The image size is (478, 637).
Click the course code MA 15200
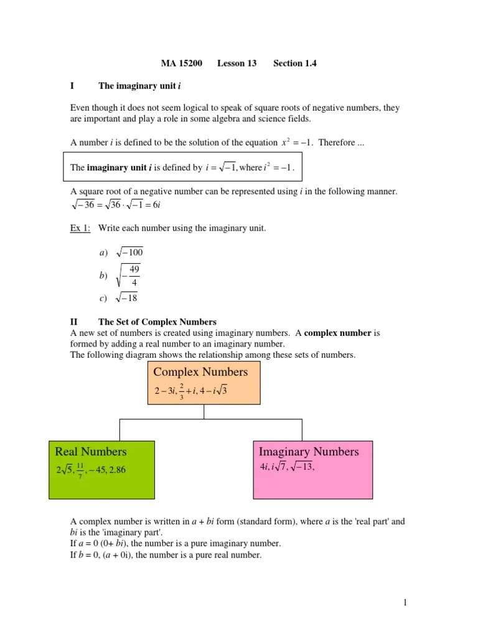click(x=181, y=63)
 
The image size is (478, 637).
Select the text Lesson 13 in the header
click(x=237, y=63)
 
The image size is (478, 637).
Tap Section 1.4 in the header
click(x=295, y=63)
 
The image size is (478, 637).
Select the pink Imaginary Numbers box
click(x=314, y=470)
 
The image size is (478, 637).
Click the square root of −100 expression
click(x=129, y=252)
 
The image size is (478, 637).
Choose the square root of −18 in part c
click(x=126, y=298)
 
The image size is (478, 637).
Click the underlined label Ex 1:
click(x=80, y=228)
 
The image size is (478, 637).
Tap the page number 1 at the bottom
click(x=404, y=602)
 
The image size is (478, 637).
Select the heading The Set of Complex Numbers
click(x=157, y=322)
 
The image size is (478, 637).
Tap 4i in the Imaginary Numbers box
click(x=264, y=468)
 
